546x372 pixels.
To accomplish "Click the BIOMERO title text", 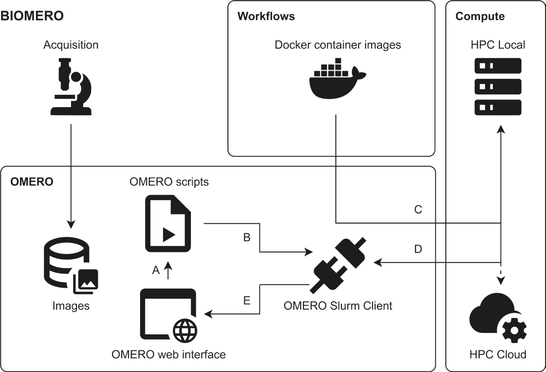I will click(32, 16).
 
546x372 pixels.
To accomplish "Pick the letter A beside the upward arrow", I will click(156, 271).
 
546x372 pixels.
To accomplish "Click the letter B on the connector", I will click(246, 238).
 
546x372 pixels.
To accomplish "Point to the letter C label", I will click(417, 210).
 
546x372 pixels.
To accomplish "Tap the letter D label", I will click(417, 250).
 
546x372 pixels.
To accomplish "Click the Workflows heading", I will click(266, 16).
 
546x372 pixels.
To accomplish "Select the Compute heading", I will click(480, 16).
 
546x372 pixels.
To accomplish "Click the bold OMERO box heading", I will click(32, 182).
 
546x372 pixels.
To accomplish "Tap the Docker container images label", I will click(338, 45).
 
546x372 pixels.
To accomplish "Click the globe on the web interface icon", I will click(186, 329).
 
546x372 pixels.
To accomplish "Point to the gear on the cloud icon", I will click(514, 329).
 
